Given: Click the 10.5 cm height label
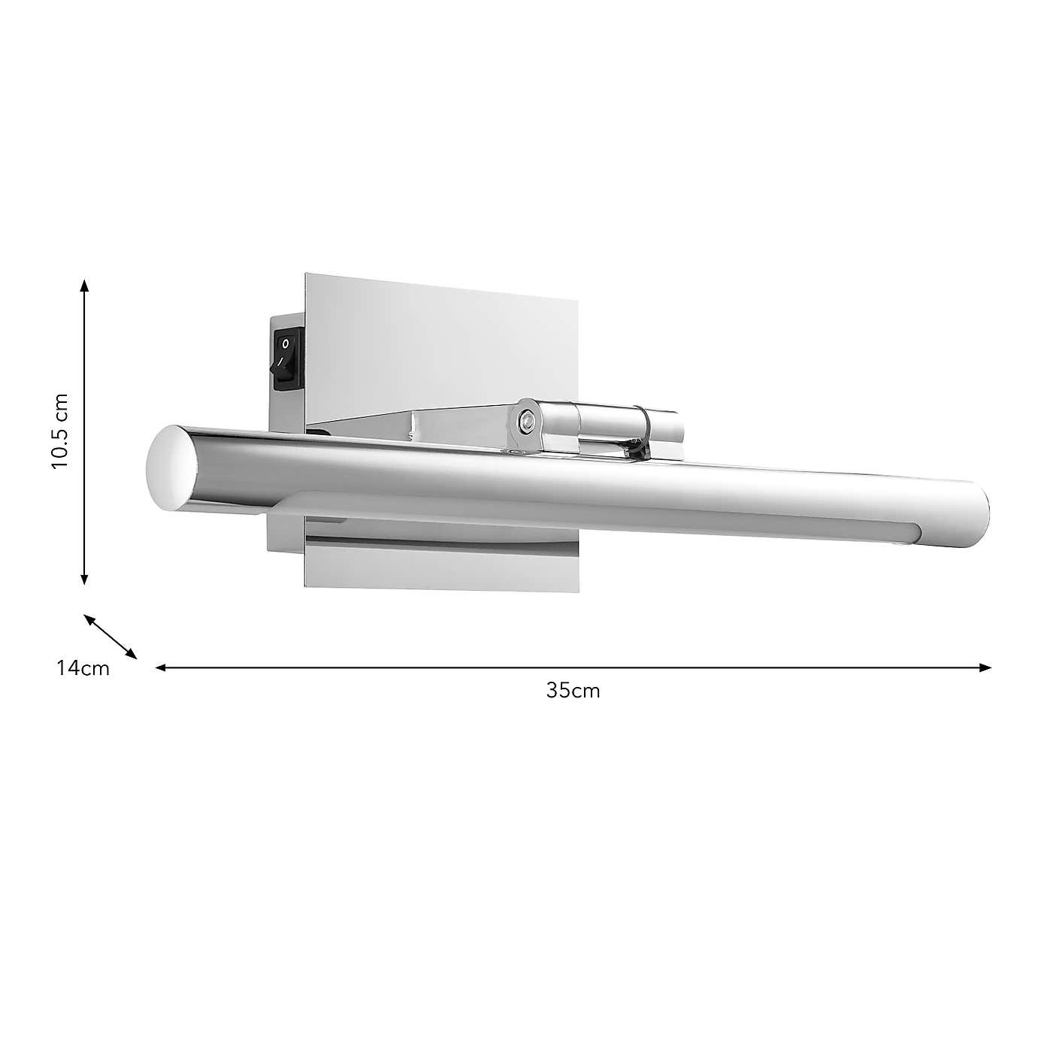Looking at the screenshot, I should click(60, 431).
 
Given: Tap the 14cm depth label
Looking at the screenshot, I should click(83, 667).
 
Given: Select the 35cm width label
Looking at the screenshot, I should click(573, 691).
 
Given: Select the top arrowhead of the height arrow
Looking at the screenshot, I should click(85, 286).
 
